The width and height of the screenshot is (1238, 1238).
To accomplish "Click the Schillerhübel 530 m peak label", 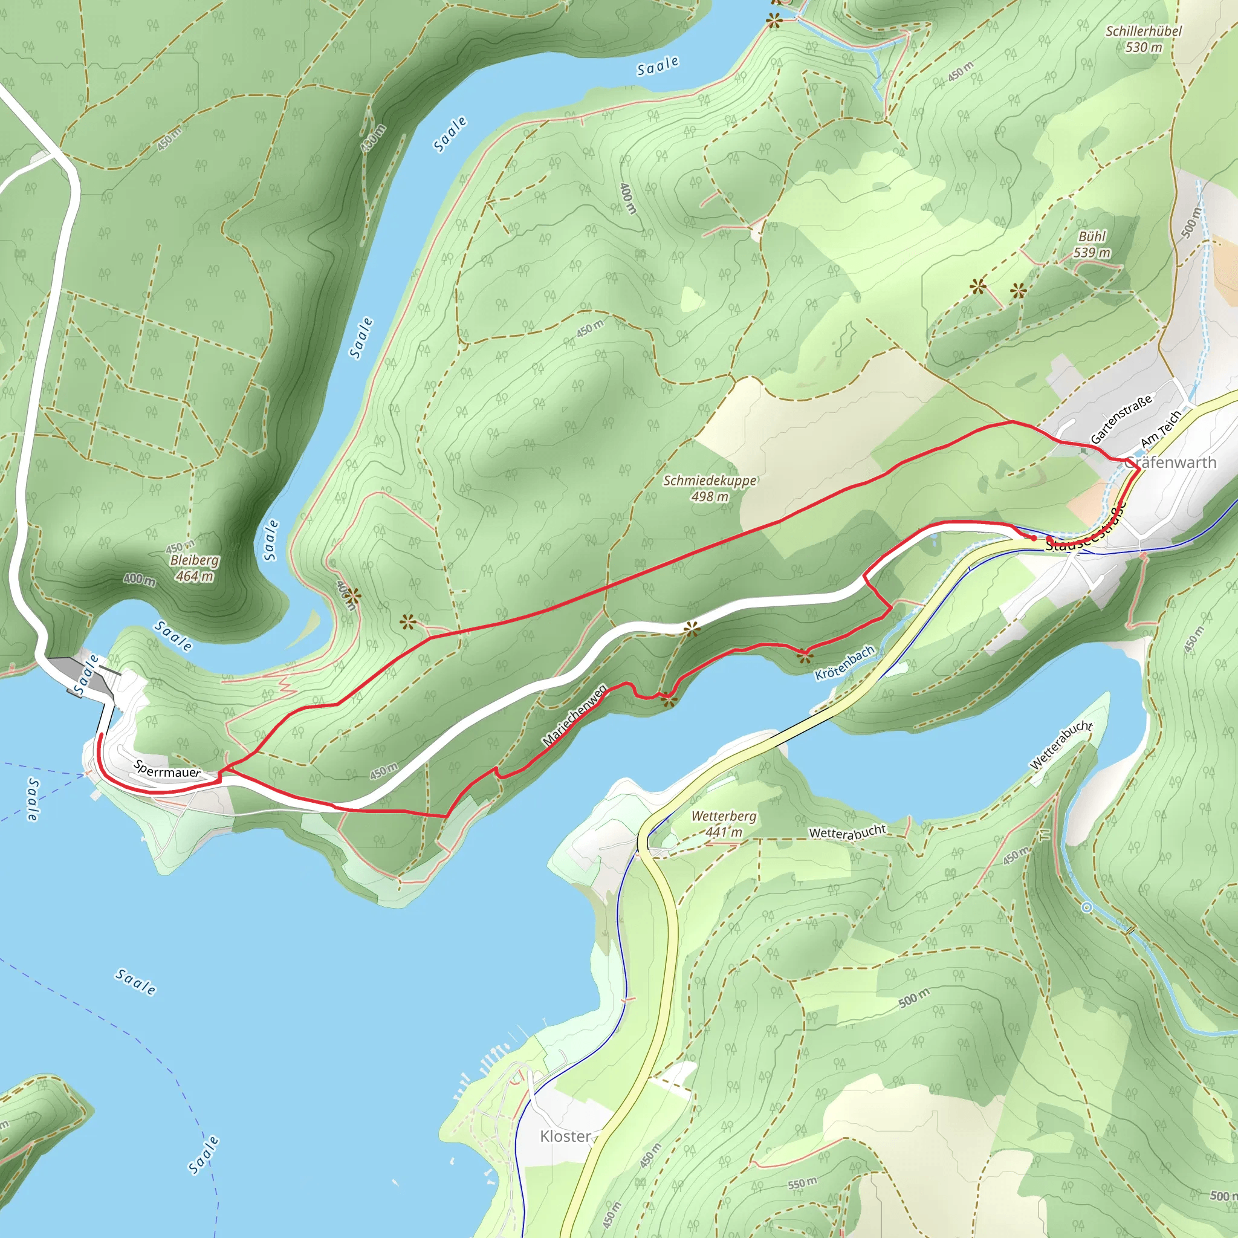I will click(1144, 39).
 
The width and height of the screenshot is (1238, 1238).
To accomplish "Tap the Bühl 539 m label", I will click(1092, 245).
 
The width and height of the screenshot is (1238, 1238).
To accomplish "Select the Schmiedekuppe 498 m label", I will click(709, 488).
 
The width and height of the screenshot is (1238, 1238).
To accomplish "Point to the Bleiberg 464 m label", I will click(194, 568).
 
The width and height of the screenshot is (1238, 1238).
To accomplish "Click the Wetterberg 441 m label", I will click(724, 824).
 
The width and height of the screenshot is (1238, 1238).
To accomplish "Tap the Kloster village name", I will click(565, 1136).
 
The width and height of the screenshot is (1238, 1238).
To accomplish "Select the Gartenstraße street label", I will click(1121, 419).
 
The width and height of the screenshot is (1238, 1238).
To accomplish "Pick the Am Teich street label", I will click(1161, 430).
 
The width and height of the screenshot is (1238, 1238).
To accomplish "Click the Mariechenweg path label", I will click(575, 715).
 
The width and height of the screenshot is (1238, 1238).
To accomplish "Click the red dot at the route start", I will click(1034, 538).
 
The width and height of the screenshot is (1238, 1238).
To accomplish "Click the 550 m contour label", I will click(802, 1183).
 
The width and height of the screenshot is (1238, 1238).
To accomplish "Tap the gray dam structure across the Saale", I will click(83, 676).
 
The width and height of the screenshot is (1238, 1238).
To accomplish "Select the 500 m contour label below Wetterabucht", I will click(914, 997).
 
